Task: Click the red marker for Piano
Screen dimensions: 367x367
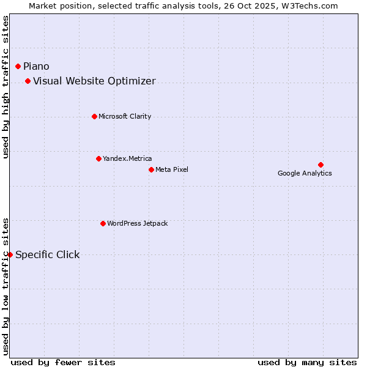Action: pos(18,66)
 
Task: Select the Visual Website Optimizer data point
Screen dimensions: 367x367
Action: pos(28,81)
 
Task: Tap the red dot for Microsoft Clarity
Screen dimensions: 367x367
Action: pos(94,116)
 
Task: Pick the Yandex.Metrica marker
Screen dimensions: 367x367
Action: pos(98,158)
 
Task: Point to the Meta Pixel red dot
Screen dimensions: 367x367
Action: pos(151,169)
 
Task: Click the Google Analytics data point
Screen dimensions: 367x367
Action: pos(321,165)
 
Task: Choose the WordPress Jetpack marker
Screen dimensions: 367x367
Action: pos(103,223)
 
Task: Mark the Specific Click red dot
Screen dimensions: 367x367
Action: pos(10,254)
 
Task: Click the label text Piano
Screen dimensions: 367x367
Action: pos(36,66)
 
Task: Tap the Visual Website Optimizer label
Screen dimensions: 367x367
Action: pos(94,81)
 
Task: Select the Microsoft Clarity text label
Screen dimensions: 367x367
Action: pos(125,116)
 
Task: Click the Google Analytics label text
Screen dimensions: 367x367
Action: pos(305,173)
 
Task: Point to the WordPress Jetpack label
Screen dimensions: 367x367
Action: pos(137,223)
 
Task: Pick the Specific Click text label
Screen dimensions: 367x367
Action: pos(47,254)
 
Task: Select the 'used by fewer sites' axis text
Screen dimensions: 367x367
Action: pos(63,362)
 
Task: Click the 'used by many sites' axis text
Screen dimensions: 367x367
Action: pos(307,362)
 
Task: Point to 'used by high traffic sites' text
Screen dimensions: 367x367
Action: pos(6,87)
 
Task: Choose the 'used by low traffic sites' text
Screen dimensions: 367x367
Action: pos(6,286)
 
